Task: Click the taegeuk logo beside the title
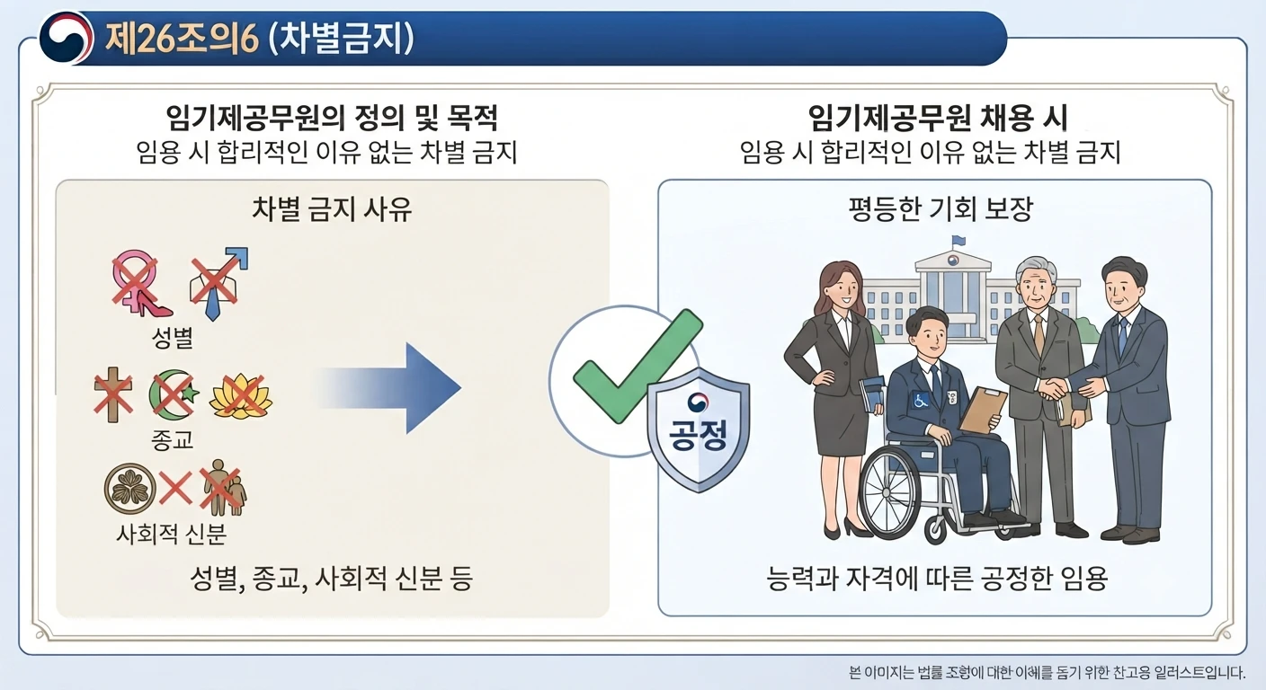coord(67,38)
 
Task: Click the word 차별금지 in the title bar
coord(340,39)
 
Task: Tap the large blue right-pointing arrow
coord(389,388)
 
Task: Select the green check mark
coord(638,366)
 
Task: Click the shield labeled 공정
coord(699,429)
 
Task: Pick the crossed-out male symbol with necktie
coord(218,283)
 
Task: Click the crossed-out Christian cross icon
coord(113,394)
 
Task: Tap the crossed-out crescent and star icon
coord(174,394)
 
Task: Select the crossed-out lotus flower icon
coord(241,396)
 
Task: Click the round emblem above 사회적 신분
coord(130,489)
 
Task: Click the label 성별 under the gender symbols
coord(173,338)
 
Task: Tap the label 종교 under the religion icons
coord(173,440)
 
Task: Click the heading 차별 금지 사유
coord(332,209)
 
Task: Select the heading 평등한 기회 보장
coord(941,209)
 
